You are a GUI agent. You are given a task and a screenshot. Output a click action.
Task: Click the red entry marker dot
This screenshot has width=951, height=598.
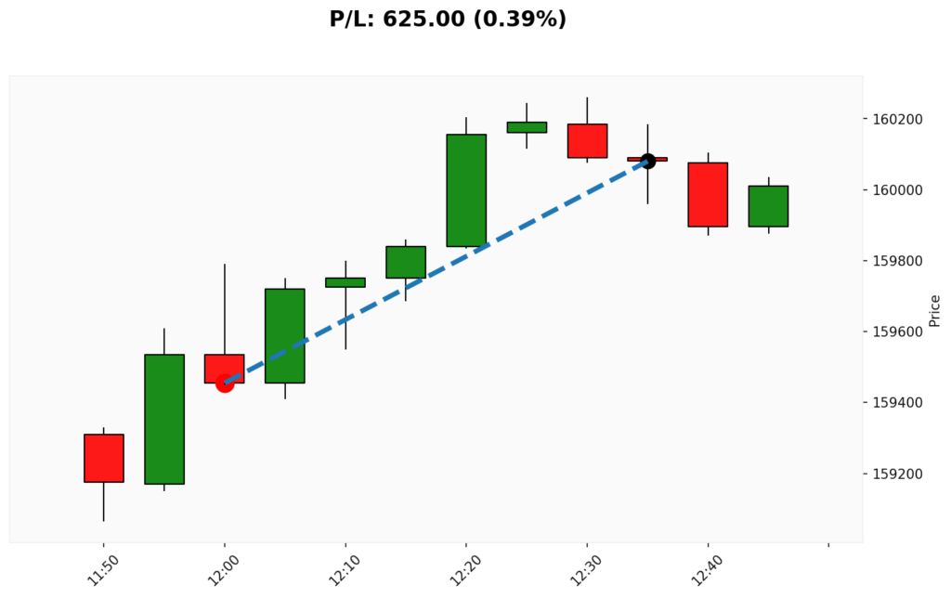click(225, 383)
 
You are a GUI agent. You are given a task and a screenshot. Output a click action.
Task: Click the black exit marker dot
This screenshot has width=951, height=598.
click(647, 161)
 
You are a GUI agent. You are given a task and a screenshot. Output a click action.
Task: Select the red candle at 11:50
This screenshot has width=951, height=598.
click(104, 458)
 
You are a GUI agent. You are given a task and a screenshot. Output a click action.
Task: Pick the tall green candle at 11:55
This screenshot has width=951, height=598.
click(164, 419)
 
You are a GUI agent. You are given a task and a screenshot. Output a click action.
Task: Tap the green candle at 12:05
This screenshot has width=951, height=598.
click(285, 335)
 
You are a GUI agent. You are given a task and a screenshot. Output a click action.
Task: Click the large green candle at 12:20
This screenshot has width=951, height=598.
click(466, 190)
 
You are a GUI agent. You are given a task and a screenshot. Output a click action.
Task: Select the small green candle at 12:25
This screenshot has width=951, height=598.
click(527, 127)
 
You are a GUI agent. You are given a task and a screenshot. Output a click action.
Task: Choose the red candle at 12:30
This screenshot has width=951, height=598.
click(587, 140)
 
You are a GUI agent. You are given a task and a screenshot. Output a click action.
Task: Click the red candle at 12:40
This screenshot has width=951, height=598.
click(708, 194)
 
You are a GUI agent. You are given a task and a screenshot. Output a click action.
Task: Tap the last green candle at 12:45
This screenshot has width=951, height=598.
click(768, 206)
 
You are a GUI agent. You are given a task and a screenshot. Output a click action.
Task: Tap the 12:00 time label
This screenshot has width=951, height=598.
click(221, 567)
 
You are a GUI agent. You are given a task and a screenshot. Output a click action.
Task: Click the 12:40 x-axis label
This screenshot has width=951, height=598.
click(704, 567)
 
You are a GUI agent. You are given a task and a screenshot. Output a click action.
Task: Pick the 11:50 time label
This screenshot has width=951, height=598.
click(100, 567)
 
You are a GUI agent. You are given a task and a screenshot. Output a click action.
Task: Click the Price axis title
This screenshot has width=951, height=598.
click(934, 310)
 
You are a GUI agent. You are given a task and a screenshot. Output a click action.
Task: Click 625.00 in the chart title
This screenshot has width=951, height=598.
click(426, 19)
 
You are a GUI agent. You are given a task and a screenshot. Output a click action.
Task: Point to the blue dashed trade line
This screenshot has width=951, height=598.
click(436, 271)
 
